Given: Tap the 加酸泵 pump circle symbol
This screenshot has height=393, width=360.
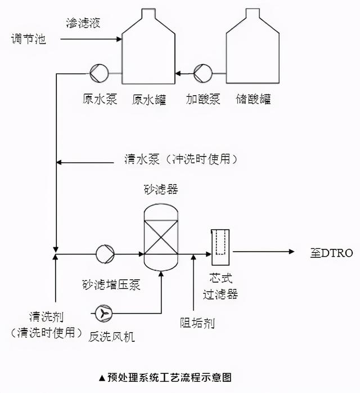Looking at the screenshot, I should coord(201,72).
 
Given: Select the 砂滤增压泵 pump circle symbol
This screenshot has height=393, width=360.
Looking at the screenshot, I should coord(105,253).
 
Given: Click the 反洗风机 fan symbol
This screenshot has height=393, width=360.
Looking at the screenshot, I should coord(103,312).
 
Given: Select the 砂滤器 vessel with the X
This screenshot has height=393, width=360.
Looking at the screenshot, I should coord(161,236).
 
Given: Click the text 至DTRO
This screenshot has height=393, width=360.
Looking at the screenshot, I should coord(332,253).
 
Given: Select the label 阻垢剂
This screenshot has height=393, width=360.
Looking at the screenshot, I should coord(197,323).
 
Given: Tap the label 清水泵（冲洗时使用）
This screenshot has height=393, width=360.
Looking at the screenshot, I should coord(180,159).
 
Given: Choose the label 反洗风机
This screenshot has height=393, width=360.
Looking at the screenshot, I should coord(112,337).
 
